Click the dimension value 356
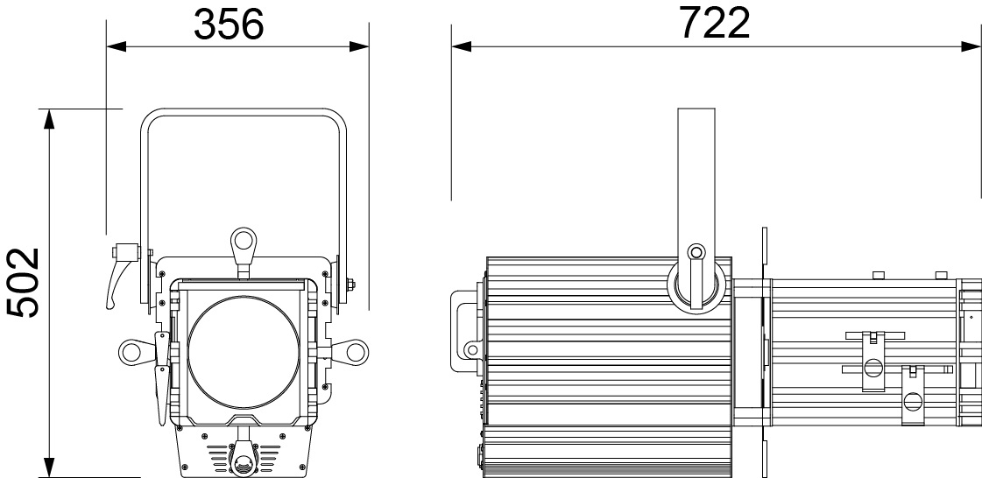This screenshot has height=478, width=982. point(229,25)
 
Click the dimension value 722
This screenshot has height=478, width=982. point(714,24)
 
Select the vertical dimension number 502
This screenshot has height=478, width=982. point(24,282)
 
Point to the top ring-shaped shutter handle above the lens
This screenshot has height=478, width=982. point(243,243)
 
